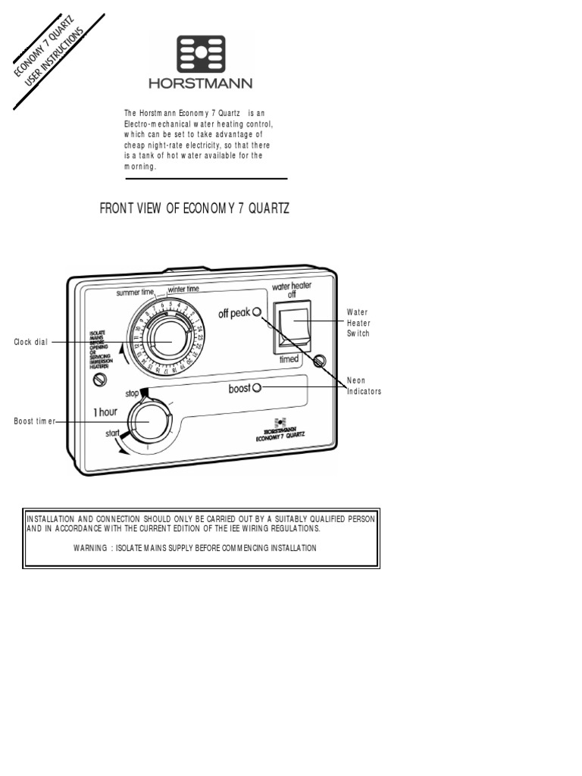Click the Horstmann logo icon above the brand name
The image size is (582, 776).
[201, 55]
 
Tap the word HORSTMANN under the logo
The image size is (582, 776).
[201, 83]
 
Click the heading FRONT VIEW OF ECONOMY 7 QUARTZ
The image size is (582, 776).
[195, 208]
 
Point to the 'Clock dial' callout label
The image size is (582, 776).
[30, 342]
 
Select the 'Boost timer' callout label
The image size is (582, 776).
[35, 421]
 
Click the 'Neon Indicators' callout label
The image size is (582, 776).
[364, 386]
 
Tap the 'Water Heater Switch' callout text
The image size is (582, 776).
[358, 323]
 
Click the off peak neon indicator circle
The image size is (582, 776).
[257, 312]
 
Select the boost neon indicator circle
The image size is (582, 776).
[256, 388]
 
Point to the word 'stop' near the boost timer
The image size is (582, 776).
[131, 394]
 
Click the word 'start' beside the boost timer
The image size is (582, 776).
[114, 433]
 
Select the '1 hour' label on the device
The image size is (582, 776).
[105, 411]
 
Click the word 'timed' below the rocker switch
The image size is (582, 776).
[289, 359]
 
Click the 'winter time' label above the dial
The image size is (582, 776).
[183, 289]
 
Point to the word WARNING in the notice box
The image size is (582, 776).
[89, 547]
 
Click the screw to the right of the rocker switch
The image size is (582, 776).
[320, 358]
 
